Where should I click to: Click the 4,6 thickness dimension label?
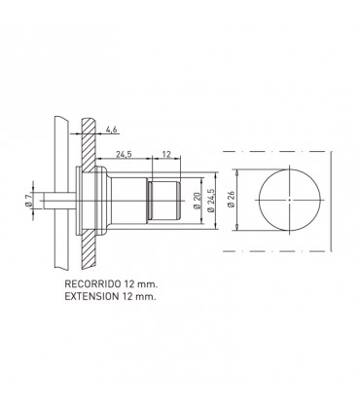[111, 130]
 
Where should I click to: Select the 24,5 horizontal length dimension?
[124, 154]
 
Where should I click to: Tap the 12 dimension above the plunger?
[166, 154]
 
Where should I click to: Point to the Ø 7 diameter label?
[28, 201]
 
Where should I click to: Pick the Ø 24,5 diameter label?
[211, 201]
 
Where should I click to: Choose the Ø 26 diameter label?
[231, 200]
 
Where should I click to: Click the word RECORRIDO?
[92, 283]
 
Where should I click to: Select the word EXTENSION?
[91, 296]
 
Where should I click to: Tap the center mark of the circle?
[289, 200]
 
